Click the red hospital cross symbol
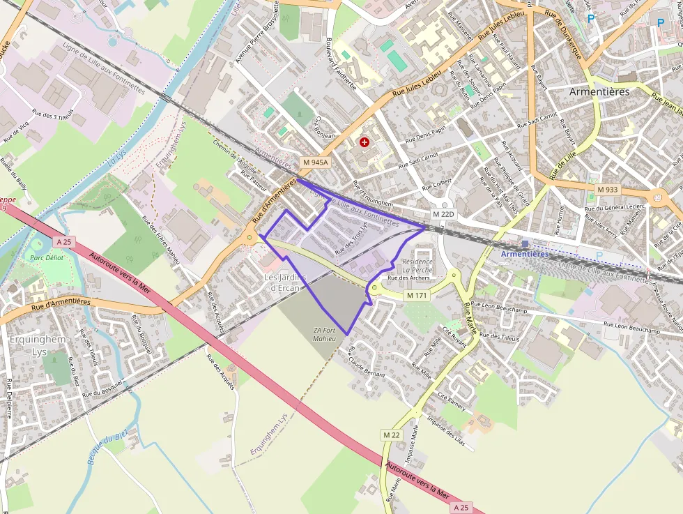click(364, 142)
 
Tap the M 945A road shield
click(315, 162)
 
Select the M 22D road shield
click(443, 214)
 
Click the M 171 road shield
click(417, 296)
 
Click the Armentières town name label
click(599, 91)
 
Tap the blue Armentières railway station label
click(525, 254)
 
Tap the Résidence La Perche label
click(417, 266)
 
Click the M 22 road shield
click(392, 434)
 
